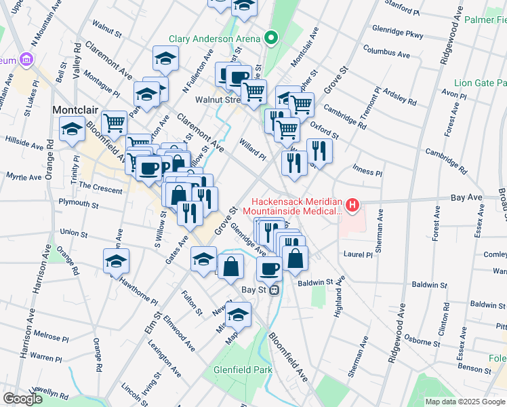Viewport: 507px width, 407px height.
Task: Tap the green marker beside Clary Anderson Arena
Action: click(272, 38)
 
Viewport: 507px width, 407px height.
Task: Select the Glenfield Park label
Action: click(242, 370)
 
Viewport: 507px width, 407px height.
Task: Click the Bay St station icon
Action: click(274, 290)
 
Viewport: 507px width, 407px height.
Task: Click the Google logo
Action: click(22, 399)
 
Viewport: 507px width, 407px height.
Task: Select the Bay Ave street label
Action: click(466, 198)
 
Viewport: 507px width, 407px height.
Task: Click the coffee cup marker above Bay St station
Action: click(269, 269)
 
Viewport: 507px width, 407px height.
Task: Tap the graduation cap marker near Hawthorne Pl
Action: click(116, 261)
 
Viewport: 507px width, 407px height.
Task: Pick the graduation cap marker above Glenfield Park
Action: click(238, 314)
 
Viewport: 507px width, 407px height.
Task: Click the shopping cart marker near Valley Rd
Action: click(115, 123)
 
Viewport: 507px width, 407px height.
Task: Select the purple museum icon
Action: click(27, 60)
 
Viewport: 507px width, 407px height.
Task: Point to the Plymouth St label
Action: click(79, 203)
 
